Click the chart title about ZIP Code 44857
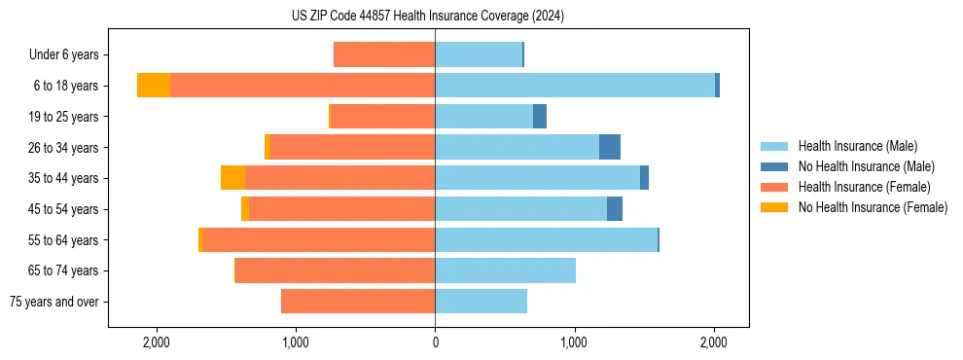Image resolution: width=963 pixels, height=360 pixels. coord(427,17)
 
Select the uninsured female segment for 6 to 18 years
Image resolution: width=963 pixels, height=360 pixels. coord(154,86)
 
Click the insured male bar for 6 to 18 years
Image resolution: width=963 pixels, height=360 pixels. coord(574,86)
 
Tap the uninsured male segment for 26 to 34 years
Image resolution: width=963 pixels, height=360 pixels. coord(610,147)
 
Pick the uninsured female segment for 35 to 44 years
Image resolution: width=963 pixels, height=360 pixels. coord(232,178)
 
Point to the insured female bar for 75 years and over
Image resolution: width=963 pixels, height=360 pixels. coord(358,302)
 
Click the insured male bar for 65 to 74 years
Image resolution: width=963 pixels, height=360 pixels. coord(505,270)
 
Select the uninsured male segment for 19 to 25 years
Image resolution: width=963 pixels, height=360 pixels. coord(540,117)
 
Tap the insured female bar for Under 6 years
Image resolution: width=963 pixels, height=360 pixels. coord(384,54)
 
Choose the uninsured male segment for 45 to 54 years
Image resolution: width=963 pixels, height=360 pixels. coord(615,209)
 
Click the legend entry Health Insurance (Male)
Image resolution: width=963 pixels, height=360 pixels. coord(857,146)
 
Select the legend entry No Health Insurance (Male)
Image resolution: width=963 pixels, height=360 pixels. coord(866,166)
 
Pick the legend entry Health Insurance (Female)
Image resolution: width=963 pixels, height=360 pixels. coord(864,187)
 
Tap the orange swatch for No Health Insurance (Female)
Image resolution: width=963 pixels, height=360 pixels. coord(775,207)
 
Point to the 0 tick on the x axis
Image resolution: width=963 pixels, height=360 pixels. coord(435,342)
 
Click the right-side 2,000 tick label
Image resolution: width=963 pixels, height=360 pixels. coord(713,342)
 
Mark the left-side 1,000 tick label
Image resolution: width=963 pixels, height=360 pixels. coord(295,342)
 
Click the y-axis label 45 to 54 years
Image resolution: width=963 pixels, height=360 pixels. coord(63,209)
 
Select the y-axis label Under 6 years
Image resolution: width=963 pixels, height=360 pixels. coord(63,54)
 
